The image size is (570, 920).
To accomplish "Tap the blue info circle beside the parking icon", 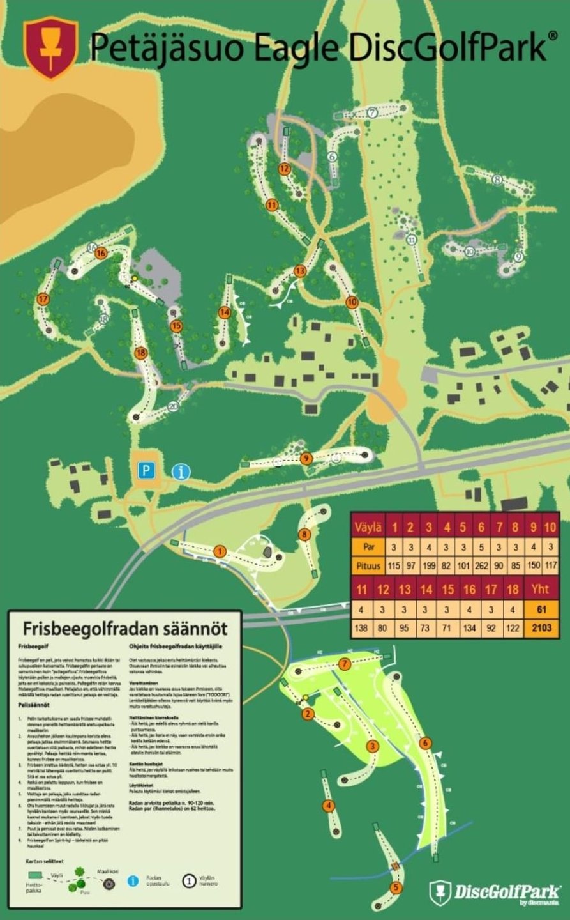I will pos(181,472).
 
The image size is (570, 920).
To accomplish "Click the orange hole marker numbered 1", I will pos(220,551).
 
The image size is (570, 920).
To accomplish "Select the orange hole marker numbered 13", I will pos(299,271).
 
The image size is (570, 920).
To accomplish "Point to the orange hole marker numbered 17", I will pos(43,299).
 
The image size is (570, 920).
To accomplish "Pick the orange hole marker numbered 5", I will pos(396,887).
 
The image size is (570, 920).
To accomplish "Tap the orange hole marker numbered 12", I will pos(285,169).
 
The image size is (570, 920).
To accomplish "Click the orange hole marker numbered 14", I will pos(224,312).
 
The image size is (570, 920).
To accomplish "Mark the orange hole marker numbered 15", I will pos(177,325).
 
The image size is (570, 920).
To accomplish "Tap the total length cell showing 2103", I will pos(541,628).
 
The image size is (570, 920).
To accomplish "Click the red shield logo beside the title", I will pos(51,48).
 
